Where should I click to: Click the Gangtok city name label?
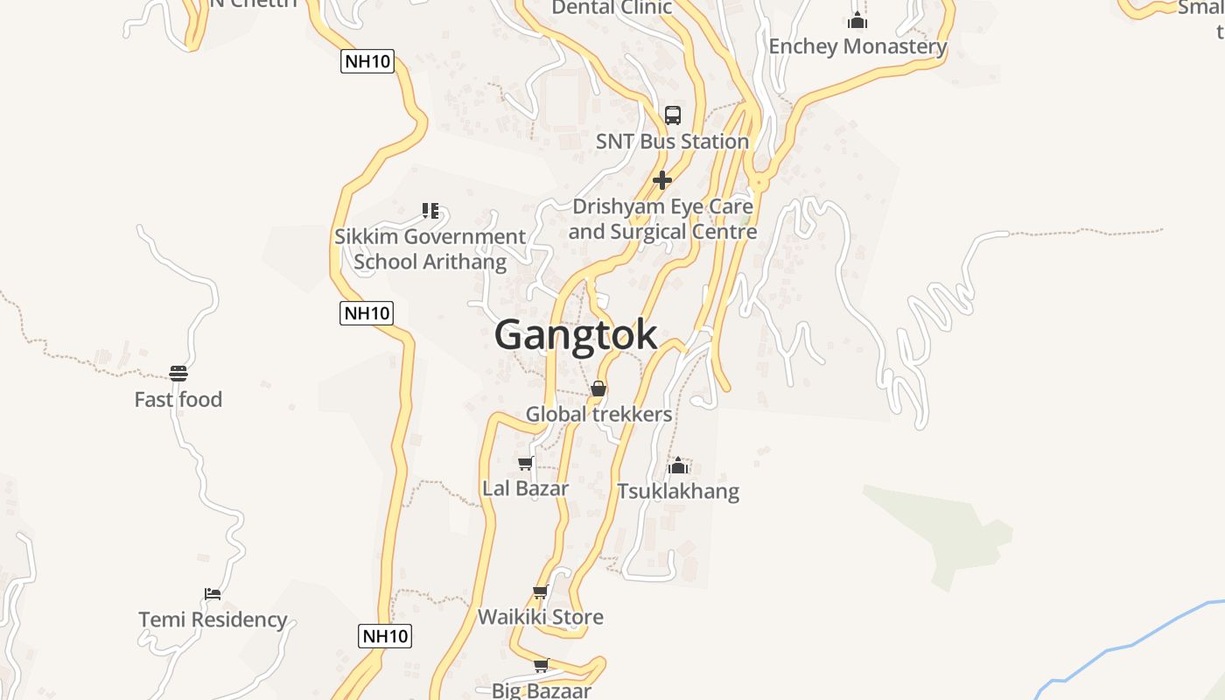pyautogui.click(x=576, y=335)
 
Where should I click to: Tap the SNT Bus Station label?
pyautogui.click(x=672, y=141)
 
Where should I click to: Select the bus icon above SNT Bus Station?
pyautogui.click(x=672, y=115)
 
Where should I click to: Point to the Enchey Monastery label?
pyautogui.click(x=857, y=46)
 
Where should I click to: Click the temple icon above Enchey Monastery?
pyautogui.click(x=857, y=20)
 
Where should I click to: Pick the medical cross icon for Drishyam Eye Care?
pyautogui.click(x=662, y=180)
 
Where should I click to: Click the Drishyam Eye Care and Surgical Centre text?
pyautogui.click(x=662, y=220)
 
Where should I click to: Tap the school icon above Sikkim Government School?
pyautogui.click(x=430, y=210)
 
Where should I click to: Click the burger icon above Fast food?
pyautogui.click(x=178, y=374)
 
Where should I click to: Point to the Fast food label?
pyautogui.click(x=178, y=400)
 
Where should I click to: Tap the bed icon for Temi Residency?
pyautogui.click(x=213, y=594)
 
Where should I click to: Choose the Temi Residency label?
pyautogui.click(x=213, y=619)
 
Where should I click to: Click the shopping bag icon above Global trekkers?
pyautogui.click(x=598, y=388)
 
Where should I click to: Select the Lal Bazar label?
pyautogui.click(x=525, y=488)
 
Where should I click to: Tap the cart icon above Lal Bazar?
pyautogui.click(x=525, y=463)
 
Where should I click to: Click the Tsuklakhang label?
pyautogui.click(x=678, y=492)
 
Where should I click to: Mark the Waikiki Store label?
pyautogui.click(x=540, y=617)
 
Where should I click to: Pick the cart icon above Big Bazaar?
pyautogui.click(x=541, y=665)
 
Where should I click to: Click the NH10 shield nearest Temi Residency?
pyautogui.click(x=385, y=636)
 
